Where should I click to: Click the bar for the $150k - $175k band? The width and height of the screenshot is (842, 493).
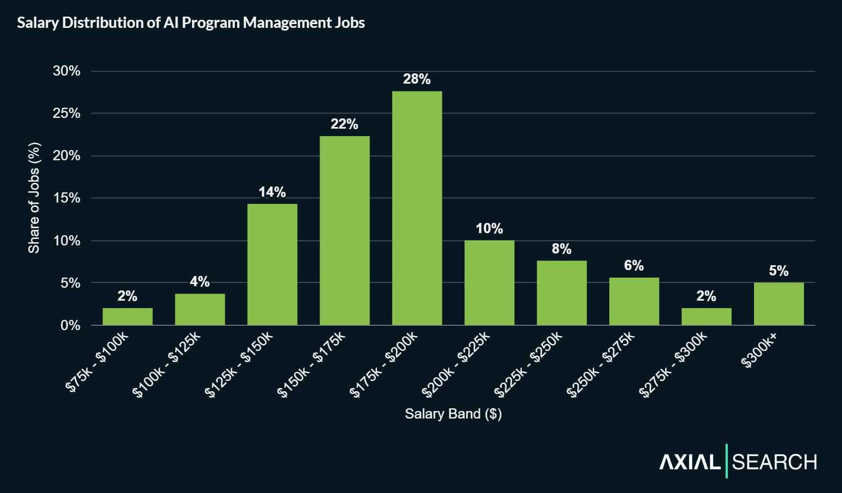point(344,230)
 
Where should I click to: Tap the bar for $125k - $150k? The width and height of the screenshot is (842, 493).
point(272,264)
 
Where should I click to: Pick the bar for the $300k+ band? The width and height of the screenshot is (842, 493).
point(778,303)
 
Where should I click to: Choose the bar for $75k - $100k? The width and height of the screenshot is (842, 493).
point(127,316)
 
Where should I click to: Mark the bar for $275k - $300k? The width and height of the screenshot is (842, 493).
point(706,316)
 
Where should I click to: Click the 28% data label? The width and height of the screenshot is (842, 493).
point(417,79)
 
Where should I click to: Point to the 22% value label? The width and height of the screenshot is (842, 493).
point(344,124)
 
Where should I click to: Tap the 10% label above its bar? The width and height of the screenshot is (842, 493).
point(489,229)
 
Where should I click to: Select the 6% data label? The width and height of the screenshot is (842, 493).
point(633,266)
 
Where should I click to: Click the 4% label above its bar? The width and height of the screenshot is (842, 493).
point(200,282)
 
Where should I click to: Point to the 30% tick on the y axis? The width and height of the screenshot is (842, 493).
point(67,71)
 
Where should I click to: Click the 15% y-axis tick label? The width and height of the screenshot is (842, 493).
point(67,198)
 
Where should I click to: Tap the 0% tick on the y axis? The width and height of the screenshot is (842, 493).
point(70,325)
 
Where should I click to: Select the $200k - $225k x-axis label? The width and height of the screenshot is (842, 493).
point(456,364)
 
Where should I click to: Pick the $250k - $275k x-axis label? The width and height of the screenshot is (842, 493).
point(601,364)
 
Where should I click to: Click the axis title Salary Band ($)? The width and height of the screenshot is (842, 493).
point(453,414)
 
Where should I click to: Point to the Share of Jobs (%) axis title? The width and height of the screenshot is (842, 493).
point(34,198)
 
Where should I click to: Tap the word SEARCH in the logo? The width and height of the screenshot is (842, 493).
point(774,462)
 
